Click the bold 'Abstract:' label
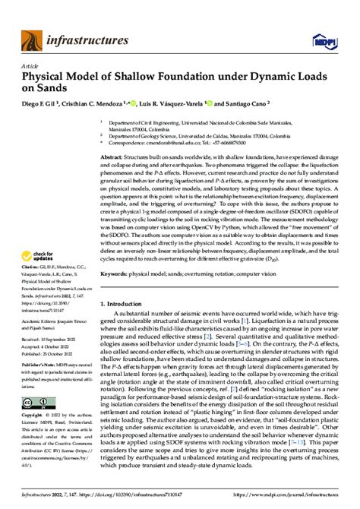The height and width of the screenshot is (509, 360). tap(114, 155)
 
